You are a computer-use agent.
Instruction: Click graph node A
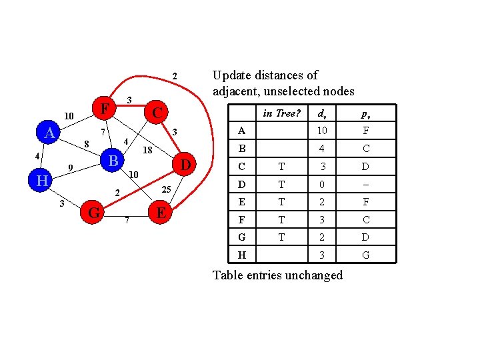point(49,133)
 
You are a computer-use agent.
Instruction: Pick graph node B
point(113,161)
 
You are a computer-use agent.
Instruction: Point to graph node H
point(41,181)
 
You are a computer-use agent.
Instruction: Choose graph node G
point(95,213)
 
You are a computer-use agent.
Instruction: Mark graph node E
point(161,213)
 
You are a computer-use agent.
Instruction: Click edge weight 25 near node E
point(167,191)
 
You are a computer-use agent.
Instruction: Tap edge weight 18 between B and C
point(148,151)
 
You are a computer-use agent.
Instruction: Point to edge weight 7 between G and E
point(126,220)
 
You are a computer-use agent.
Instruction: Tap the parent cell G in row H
point(366,255)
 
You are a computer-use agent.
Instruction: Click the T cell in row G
point(282,237)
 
